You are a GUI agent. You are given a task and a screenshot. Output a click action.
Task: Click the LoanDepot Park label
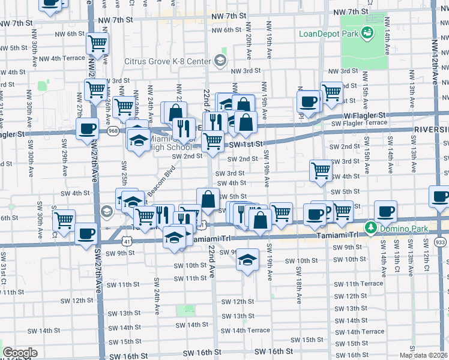329,33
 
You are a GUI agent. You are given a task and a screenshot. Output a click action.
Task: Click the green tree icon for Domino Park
371,227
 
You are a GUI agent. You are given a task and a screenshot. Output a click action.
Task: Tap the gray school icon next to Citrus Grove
220,60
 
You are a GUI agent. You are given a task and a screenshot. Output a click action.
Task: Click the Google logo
20,352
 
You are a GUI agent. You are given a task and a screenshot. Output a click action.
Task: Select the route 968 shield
112,130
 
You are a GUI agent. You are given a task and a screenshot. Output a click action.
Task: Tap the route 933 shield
441,240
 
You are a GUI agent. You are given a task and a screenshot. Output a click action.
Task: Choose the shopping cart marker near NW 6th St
97,43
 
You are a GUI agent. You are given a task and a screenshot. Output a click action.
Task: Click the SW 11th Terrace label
358,283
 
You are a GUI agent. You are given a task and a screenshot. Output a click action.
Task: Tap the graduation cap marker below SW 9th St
246,260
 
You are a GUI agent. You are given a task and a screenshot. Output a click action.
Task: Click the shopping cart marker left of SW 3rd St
321,170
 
